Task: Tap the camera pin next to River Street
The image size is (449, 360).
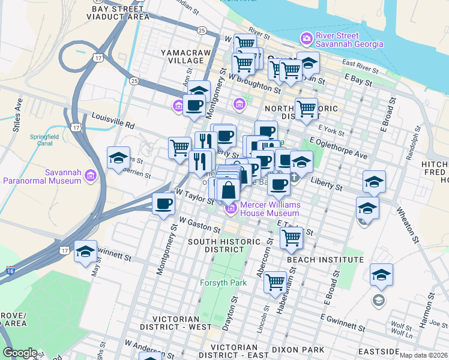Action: click(x=307, y=39)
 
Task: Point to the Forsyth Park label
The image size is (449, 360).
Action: click(x=219, y=282)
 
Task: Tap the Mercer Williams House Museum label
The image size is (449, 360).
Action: click(x=270, y=209)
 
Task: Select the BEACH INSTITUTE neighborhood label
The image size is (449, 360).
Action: click(x=325, y=259)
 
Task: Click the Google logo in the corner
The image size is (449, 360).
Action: click(x=20, y=352)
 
